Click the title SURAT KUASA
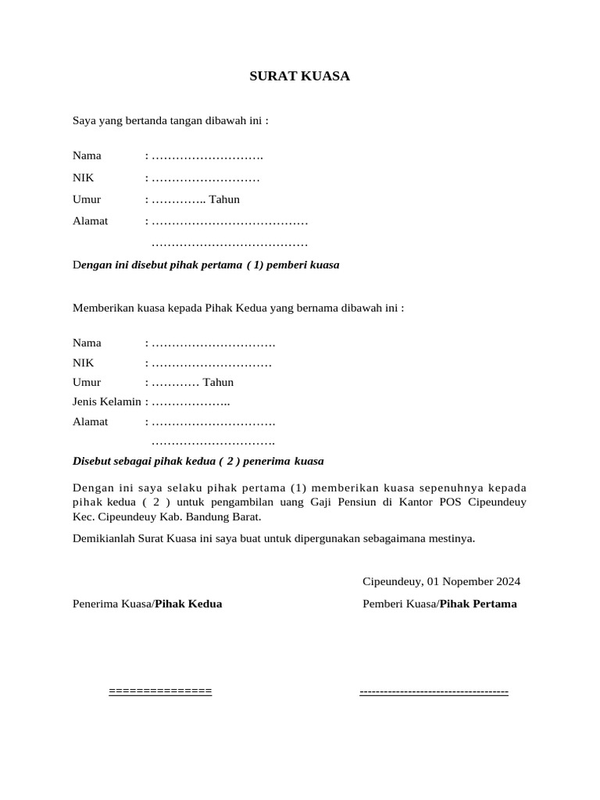click(x=300, y=77)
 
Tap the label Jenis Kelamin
click(x=107, y=402)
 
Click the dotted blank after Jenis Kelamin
click(x=190, y=402)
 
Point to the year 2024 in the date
click(x=506, y=582)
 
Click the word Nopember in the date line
click(x=465, y=582)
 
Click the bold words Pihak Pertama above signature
click(x=478, y=604)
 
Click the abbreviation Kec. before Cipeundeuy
click(x=83, y=517)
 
